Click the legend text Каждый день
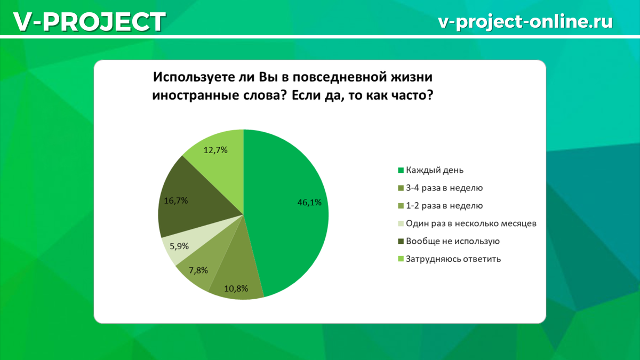coord(434,171)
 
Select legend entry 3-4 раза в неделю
coord(444,188)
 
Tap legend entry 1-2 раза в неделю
coord(444,205)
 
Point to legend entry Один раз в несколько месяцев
coord(470,223)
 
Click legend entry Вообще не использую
coord(452,241)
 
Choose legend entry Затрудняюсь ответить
coord(453,259)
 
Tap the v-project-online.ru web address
coord(525,21)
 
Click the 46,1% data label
coord(309,202)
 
